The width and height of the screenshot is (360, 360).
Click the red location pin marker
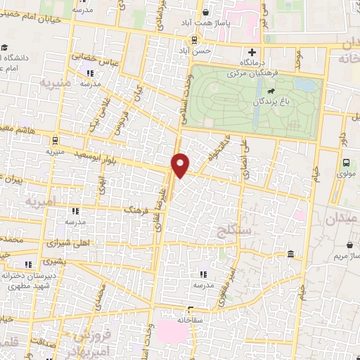coord(181,164)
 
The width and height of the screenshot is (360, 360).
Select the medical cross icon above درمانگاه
coord(252,53)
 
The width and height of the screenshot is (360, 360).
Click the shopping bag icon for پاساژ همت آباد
coord(205,12)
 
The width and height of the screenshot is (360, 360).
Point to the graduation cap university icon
coord(4,48)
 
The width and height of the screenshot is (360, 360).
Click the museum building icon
coord(290,253)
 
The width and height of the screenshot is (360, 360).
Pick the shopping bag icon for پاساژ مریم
coord(349,245)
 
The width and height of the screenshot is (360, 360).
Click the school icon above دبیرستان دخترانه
coord(29,264)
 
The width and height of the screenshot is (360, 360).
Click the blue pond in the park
coord(305,86)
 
